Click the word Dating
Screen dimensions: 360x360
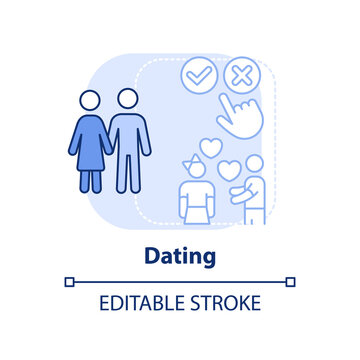(180, 256)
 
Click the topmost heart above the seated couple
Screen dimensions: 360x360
(210, 145)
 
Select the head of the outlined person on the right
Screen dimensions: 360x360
(254, 164)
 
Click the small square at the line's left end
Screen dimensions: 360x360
(69, 281)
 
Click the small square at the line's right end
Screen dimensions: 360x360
(291, 281)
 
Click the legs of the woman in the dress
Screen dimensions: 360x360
(90, 179)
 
